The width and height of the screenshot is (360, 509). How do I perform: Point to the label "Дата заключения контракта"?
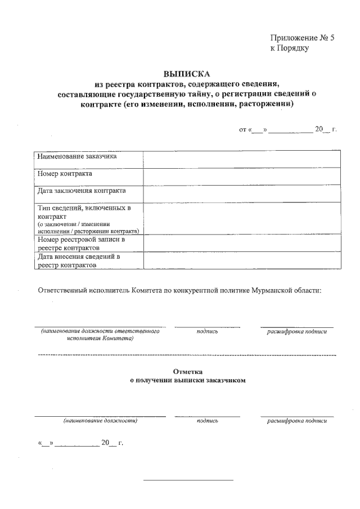point(82,191)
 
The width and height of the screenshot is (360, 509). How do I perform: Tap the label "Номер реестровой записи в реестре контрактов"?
point(81,244)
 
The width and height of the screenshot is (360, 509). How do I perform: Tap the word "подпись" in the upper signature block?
point(207,332)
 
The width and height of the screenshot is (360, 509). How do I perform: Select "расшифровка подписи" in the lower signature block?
point(296,420)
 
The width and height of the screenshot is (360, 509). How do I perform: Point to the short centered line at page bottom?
point(188,480)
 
